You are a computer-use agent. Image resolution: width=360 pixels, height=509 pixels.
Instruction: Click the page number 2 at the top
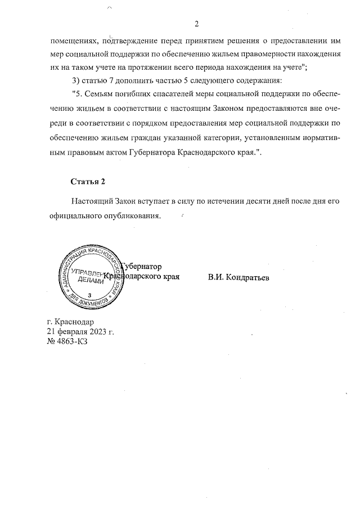tap(197, 24)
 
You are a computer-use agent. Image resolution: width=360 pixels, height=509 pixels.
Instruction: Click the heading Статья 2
tap(87, 181)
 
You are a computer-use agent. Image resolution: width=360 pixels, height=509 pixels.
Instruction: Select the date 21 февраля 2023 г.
tap(80, 332)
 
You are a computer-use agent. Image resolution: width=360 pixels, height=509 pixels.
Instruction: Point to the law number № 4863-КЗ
tap(67, 341)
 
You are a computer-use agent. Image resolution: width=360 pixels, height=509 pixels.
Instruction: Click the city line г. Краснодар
tap(70, 322)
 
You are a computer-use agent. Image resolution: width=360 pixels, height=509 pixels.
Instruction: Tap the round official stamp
tap(89, 278)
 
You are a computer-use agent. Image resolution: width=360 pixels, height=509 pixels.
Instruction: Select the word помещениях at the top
tap(72, 40)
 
